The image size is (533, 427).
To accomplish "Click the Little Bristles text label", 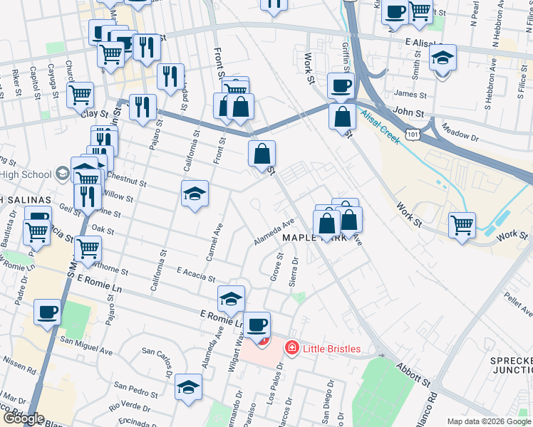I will (331, 349).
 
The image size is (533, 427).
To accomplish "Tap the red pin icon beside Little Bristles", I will (291, 349).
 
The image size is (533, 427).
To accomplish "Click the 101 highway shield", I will (413, 134).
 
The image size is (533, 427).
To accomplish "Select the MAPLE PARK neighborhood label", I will (314, 238).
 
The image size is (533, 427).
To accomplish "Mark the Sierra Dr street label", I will (293, 271).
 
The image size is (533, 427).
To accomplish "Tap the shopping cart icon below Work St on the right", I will (462, 226).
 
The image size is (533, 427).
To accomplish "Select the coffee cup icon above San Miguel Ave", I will (48, 312).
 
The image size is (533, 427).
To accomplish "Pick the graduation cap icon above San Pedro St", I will (188, 386).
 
